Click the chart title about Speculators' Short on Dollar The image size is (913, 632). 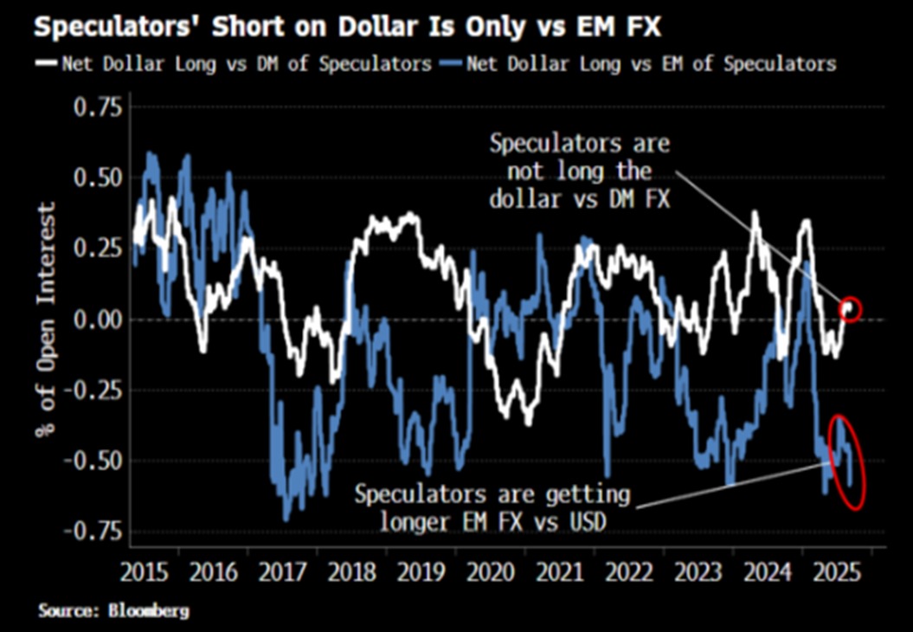(346, 27)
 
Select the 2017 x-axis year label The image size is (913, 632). (280, 572)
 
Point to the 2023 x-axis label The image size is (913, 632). (698, 572)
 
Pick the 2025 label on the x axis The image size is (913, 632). (834, 572)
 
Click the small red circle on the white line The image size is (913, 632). (851, 309)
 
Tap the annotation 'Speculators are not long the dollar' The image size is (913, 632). (580, 171)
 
